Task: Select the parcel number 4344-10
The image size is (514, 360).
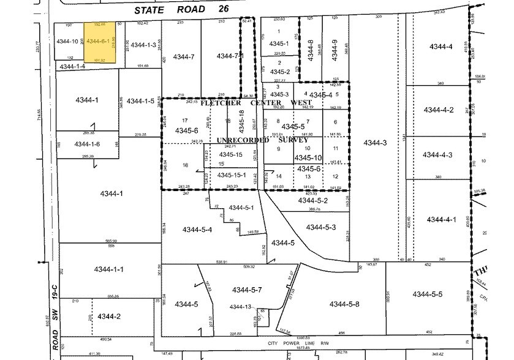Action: [67, 42]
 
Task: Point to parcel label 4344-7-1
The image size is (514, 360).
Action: [230, 56]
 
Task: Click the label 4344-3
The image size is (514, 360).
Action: [375, 143]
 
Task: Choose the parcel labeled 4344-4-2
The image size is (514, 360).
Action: [439, 110]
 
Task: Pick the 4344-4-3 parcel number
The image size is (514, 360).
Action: [439, 155]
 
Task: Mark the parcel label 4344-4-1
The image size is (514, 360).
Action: [442, 219]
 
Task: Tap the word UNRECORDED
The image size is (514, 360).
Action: [241, 140]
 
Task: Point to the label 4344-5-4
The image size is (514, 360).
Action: [197, 230]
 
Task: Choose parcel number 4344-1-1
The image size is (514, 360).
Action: [108, 269]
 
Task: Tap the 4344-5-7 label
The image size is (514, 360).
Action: [248, 289]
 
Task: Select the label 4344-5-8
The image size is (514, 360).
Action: [344, 304]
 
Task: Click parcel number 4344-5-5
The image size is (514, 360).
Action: [427, 294]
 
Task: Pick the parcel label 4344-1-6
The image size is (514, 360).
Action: [86, 144]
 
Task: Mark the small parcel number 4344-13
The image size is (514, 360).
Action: [240, 307]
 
